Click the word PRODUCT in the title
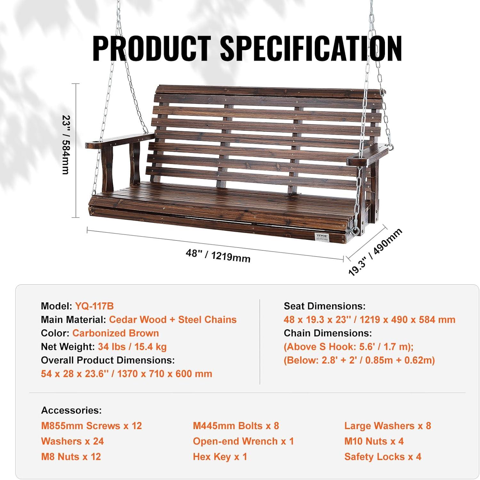click(x=152, y=48)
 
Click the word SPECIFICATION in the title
click(x=311, y=48)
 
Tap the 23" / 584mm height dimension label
click(x=66, y=145)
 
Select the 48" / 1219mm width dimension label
click(x=218, y=256)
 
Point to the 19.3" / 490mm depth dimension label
click(x=375, y=252)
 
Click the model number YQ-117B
click(x=94, y=306)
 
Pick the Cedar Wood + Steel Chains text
click(x=173, y=320)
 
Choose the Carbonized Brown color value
click(x=116, y=333)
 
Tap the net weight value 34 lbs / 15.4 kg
click(x=132, y=347)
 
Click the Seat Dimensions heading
click(x=324, y=306)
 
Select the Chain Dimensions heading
click(x=328, y=333)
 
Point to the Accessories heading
click(x=71, y=410)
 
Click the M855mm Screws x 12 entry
click(x=92, y=426)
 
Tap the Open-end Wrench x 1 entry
click(x=243, y=441)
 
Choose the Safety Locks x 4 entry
click(x=383, y=457)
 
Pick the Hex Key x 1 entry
click(x=220, y=457)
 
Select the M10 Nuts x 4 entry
click(x=374, y=441)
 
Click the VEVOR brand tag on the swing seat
click(x=322, y=237)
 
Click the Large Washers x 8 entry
click(x=388, y=426)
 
